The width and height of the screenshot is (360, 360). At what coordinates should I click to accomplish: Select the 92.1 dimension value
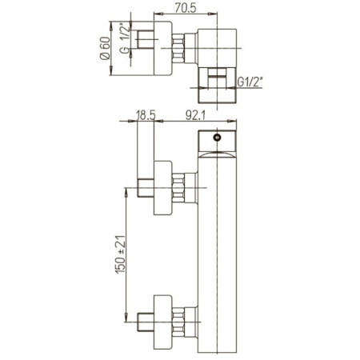[197, 114]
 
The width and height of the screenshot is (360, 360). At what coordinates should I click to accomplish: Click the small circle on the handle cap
[216, 137]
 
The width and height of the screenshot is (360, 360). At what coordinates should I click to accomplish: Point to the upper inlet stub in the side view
[145, 190]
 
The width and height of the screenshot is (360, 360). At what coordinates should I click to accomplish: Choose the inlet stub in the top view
[145, 49]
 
